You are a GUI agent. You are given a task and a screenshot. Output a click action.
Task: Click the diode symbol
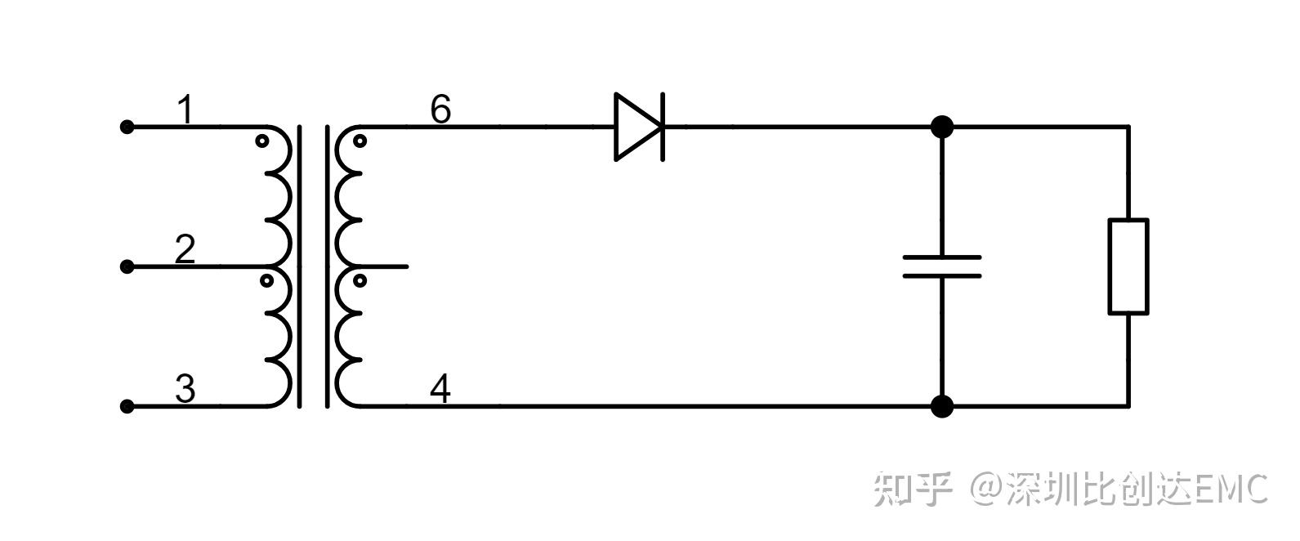[639, 127]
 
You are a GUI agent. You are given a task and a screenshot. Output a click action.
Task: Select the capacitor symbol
[941, 266]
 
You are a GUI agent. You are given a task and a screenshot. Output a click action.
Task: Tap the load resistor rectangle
[1128, 266]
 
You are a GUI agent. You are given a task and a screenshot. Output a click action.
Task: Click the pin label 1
[186, 110]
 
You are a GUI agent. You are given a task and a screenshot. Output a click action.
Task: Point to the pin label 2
[185, 248]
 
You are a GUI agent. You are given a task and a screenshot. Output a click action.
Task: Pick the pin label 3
[185, 389]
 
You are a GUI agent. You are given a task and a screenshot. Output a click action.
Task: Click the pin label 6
[440, 110]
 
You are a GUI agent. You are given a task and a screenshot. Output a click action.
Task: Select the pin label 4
[440, 389]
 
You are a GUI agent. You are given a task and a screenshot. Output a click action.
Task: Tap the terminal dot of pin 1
[127, 127]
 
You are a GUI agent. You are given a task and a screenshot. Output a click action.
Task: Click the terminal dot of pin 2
[127, 266]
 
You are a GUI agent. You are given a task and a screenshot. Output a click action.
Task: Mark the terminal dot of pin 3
[127, 406]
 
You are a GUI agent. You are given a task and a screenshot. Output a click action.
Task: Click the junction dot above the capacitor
[942, 127]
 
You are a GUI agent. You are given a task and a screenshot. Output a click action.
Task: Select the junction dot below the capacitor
[942, 406]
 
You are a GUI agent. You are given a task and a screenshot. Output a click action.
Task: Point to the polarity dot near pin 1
[262, 141]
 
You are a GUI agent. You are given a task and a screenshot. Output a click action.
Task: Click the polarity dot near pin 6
[360, 141]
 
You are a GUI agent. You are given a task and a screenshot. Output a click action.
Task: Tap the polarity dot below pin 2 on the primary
[266, 281]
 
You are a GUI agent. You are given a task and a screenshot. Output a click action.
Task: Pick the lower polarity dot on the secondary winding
[360, 281]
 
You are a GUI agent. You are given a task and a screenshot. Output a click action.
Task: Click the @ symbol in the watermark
[985, 489]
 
